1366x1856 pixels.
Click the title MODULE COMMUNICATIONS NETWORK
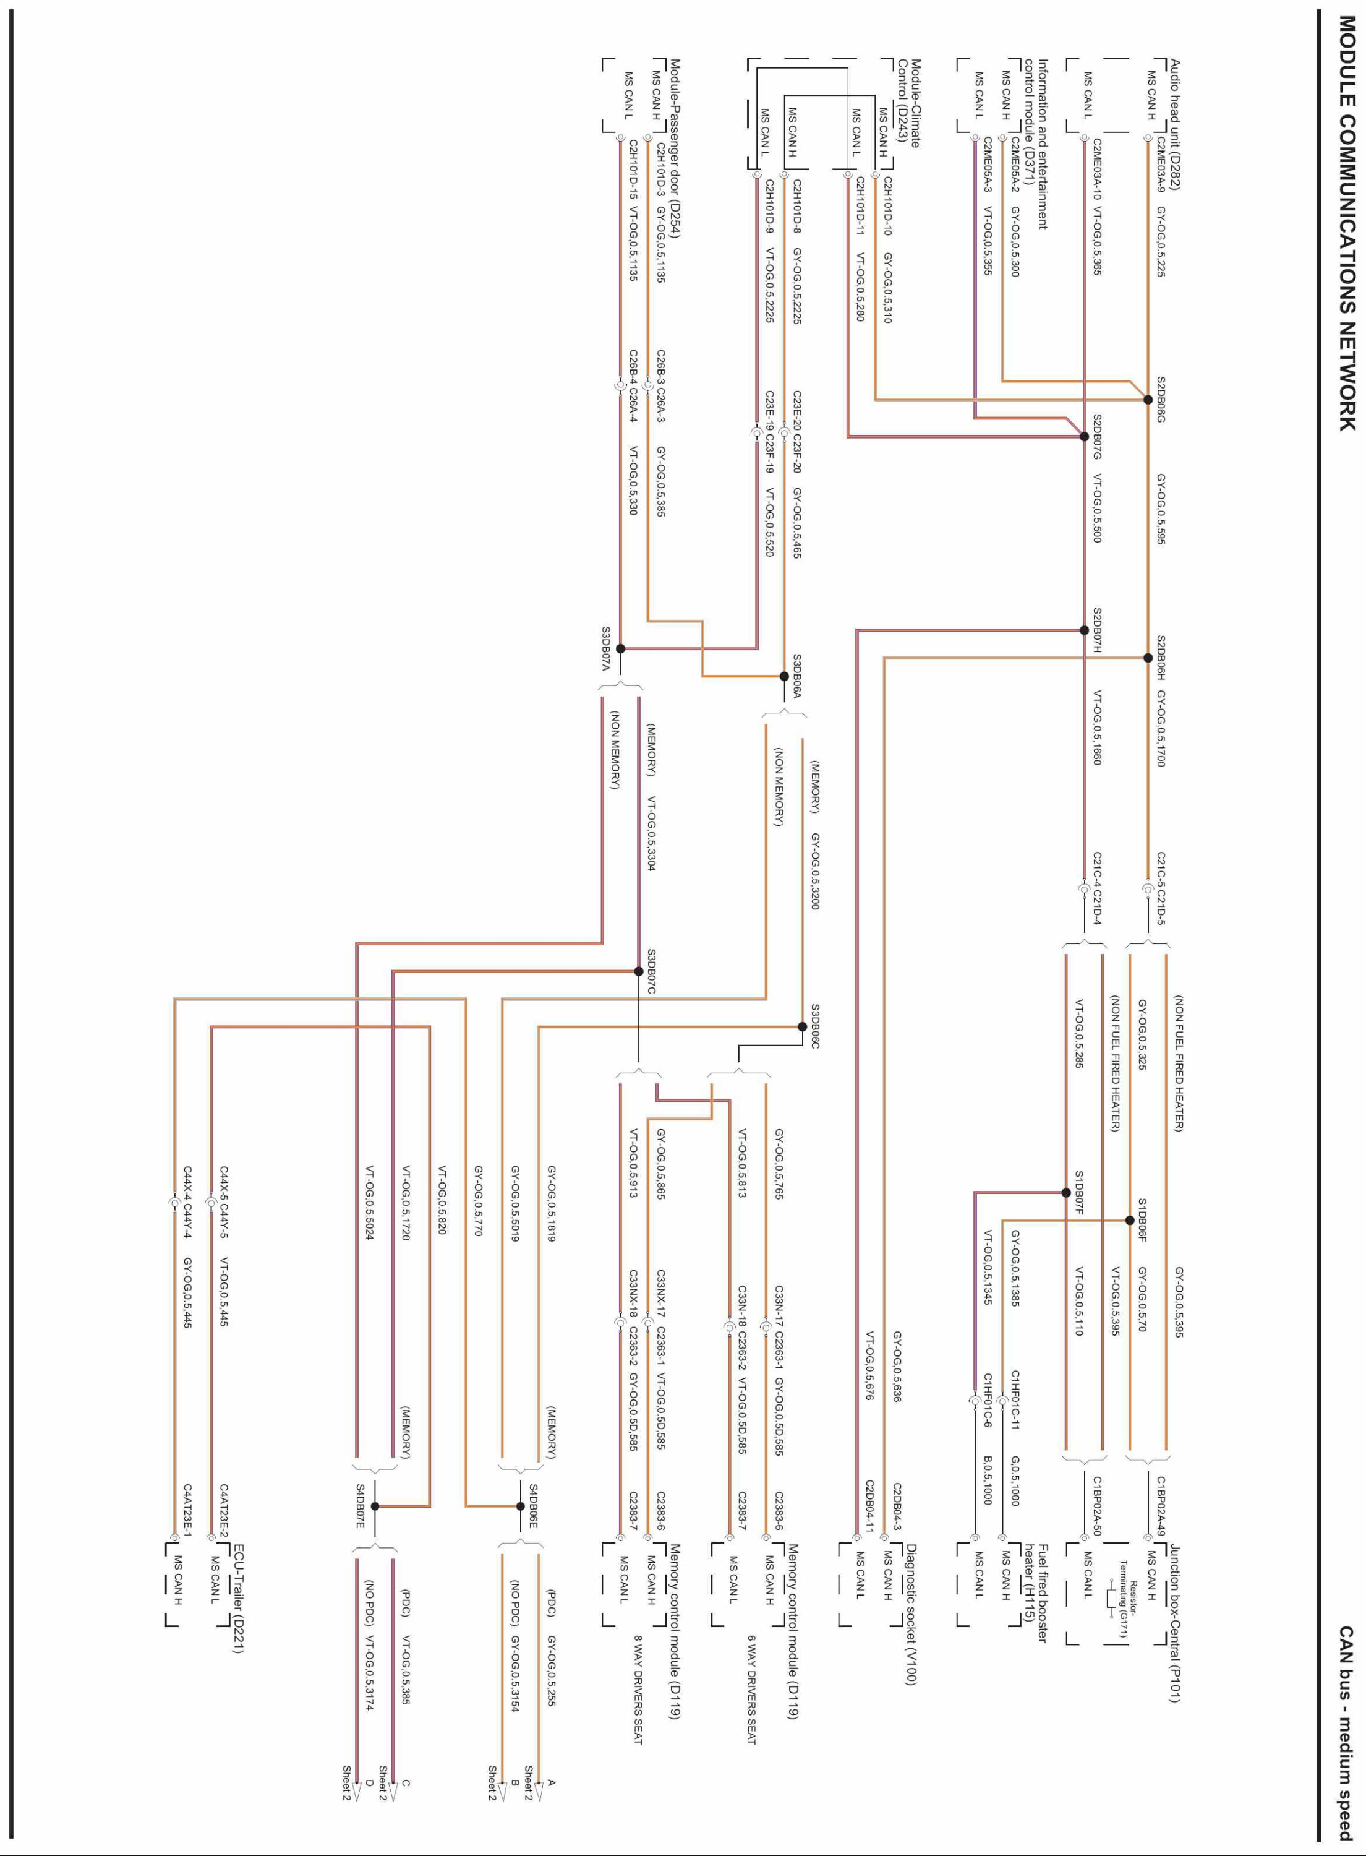pos(1346,223)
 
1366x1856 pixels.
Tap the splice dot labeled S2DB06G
pos(1148,400)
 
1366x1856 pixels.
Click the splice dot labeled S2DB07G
pos(1084,437)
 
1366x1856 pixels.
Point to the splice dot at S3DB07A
pos(620,648)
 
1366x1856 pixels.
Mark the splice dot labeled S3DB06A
pos(785,677)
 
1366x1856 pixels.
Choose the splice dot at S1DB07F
pos(1066,1193)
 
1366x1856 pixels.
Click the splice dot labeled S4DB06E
pos(520,1506)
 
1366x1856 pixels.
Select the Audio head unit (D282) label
pos(1175,124)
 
